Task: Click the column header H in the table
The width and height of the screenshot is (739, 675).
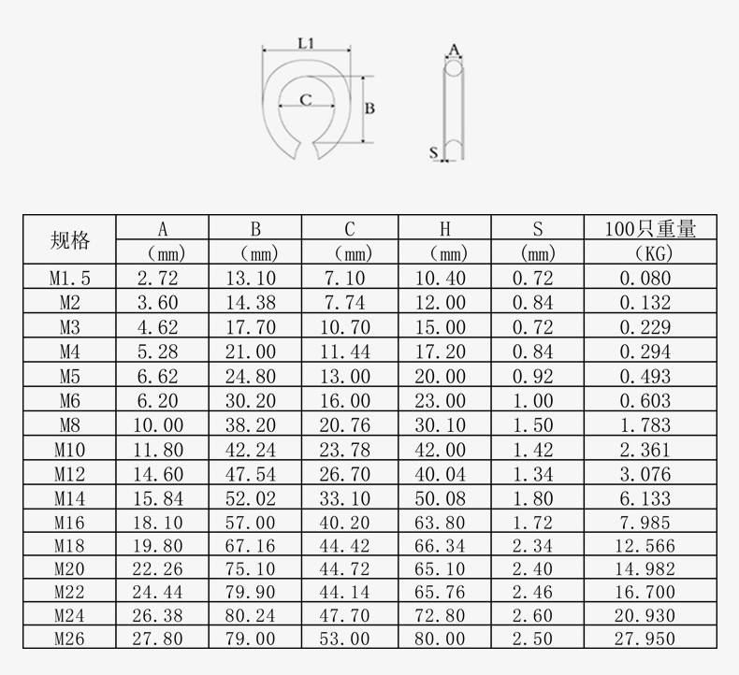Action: (x=444, y=229)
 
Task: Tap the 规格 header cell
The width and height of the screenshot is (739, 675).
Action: (x=70, y=240)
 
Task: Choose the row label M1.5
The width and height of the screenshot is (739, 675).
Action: (x=70, y=278)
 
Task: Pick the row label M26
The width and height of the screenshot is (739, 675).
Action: (x=70, y=639)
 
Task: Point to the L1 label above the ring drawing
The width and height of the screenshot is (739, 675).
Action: (x=305, y=42)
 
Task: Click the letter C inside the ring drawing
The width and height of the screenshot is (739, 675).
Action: (x=305, y=100)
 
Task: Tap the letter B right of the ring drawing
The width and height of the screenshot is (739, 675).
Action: (x=369, y=108)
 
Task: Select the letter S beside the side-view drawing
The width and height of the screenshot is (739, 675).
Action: (x=433, y=151)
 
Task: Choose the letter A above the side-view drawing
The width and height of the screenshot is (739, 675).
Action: (x=454, y=48)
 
